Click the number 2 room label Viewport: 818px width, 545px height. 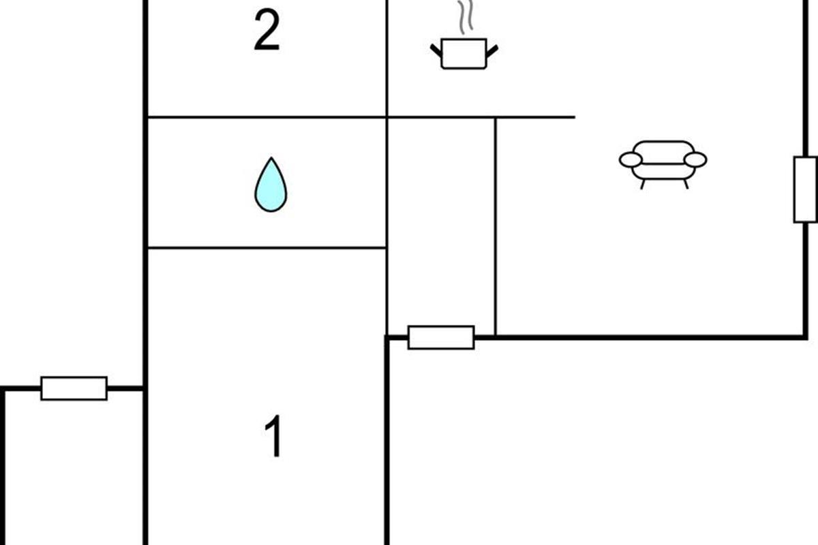(x=267, y=30)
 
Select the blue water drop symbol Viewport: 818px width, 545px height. (x=271, y=185)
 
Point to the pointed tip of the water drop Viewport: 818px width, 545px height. (x=271, y=158)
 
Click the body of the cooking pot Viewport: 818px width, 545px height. (x=464, y=54)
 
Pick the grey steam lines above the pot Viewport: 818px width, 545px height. (x=465, y=17)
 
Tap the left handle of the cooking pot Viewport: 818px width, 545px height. (x=436, y=50)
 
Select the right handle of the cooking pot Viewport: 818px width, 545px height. (x=492, y=51)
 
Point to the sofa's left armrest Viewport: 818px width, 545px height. (x=631, y=160)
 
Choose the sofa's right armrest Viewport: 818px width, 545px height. (x=695, y=160)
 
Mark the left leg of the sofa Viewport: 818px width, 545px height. (x=642, y=185)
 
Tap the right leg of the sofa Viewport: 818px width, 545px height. (x=686, y=184)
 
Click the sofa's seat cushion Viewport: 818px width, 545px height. (x=663, y=172)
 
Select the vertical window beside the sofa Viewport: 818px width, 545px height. (x=805, y=189)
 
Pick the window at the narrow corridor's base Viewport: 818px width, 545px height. (x=441, y=337)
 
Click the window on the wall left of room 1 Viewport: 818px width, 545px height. (x=74, y=388)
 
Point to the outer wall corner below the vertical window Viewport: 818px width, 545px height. (x=805, y=337)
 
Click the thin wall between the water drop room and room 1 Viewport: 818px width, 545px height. (x=267, y=248)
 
